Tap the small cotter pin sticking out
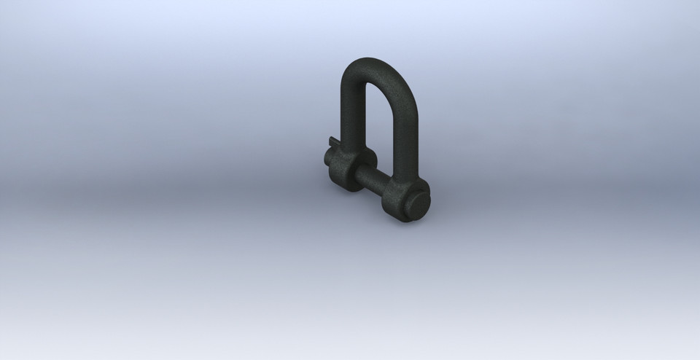coord(332,141)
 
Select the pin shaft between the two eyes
coord(371,180)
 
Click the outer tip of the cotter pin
coord(329,139)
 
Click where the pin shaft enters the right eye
coord(386,189)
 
